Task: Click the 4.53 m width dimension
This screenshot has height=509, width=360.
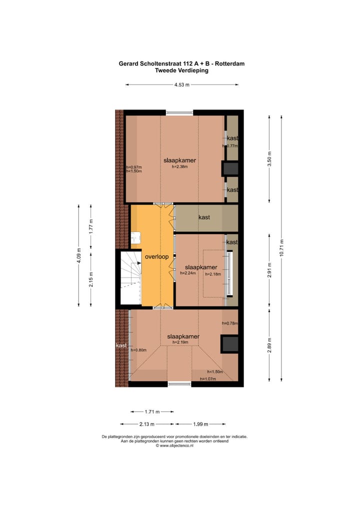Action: click(182, 85)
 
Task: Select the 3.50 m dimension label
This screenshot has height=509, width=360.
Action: click(269, 158)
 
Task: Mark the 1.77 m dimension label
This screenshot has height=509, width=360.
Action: click(91, 226)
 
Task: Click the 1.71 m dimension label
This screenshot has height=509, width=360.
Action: click(152, 412)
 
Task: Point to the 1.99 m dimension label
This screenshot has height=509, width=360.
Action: click(201, 424)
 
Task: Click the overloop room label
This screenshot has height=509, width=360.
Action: click(156, 257)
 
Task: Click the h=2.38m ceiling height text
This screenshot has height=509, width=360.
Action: click(179, 166)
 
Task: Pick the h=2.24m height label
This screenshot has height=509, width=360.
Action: click(187, 273)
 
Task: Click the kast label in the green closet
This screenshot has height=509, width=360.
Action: click(203, 217)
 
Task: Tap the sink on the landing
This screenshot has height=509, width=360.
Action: click(135, 238)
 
